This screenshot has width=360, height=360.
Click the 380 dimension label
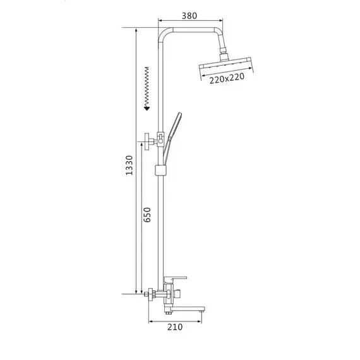189,16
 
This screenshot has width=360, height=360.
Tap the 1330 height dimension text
129,165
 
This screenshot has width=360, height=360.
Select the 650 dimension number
147,215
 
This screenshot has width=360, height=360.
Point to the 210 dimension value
175,327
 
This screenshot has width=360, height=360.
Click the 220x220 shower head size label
227,78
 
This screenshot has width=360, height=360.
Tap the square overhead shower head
225,64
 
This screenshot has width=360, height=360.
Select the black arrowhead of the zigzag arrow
147,108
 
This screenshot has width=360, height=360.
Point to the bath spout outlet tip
202,311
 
